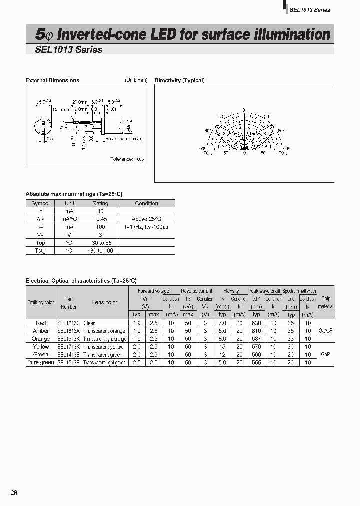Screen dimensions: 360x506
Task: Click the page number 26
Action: click(x=14, y=493)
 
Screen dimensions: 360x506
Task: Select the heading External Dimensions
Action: click(x=52, y=80)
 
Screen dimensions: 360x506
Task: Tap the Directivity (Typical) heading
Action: click(x=179, y=80)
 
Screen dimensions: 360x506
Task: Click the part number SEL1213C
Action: click(x=68, y=323)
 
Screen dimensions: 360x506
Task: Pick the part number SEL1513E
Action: click(x=68, y=362)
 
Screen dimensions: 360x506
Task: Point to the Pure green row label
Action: click(x=40, y=362)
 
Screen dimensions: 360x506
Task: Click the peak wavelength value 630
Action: click(x=256, y=323)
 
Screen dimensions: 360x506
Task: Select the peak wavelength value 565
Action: click(x=256, y=362)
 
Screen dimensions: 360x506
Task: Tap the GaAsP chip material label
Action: click(x=325, y=331)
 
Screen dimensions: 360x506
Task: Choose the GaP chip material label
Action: click(x=325, y=354)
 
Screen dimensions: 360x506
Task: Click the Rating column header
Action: click(x=100, y=203)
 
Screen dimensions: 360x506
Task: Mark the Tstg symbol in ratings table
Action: click(x=40, y=250)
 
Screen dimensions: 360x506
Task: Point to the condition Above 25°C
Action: click(x=146, y=219)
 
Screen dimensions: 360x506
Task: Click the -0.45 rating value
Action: click(x=100, y=219)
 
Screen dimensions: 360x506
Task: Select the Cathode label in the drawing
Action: click(x=61, y=109)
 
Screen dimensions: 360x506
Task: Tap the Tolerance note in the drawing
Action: click(x=127, y=159)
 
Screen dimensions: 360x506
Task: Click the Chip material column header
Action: click(x=326, y=302)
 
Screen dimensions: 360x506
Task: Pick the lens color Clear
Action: click(x=89, y=323)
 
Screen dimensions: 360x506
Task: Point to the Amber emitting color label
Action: click(x=41, y=331)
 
